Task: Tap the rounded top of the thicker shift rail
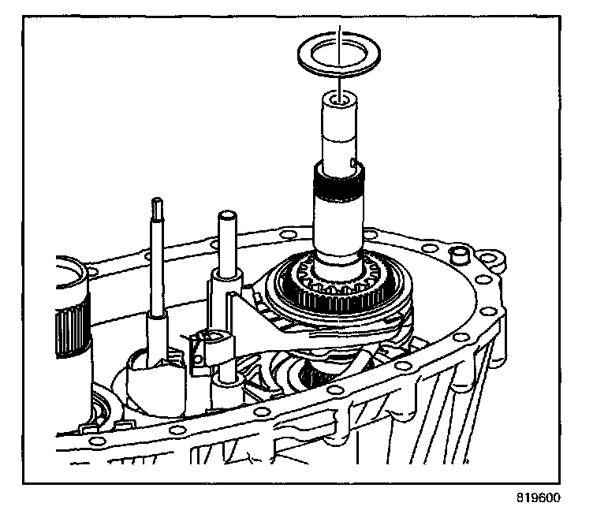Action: [x=227, y=215]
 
